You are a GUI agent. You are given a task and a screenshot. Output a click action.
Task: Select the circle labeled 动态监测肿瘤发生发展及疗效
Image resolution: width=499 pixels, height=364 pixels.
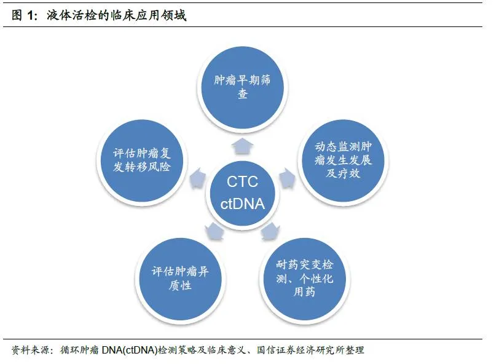tap(344, 161)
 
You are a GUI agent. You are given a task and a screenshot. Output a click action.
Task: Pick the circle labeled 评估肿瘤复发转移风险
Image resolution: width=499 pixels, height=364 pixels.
tap(141, 161)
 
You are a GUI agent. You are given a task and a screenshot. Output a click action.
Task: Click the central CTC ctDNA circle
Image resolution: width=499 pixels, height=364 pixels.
tap(242, 192)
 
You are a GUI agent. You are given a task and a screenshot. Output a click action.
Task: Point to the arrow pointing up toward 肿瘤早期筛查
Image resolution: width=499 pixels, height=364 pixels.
tap(242, 145)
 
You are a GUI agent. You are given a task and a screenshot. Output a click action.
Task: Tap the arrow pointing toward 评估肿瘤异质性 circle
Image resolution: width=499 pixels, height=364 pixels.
tap(214, 231)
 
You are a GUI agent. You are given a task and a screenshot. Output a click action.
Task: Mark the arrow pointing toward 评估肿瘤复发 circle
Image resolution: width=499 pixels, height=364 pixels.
tap(197, 178)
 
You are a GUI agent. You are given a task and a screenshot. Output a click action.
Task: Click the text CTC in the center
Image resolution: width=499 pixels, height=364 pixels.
tap(242, 182)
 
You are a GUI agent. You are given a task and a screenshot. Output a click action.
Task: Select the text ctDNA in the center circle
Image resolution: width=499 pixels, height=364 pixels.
tap(242, 204)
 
